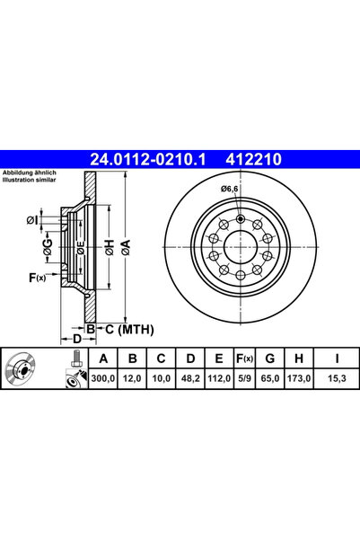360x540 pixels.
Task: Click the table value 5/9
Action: [242, 381]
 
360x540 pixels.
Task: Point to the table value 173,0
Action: [302, 381]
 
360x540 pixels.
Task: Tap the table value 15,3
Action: [338, 381]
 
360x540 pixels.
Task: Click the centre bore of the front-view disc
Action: [241, 244]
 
